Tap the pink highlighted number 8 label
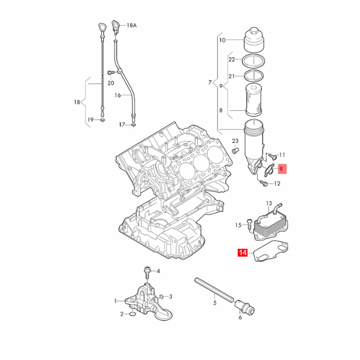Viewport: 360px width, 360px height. point(281,169)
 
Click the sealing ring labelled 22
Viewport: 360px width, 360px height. point(254,60)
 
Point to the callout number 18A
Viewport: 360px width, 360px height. point(132,25)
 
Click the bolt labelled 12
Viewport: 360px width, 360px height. point(264,184)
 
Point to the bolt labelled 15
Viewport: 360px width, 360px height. point(249,224)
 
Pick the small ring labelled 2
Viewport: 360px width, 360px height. point(132,313)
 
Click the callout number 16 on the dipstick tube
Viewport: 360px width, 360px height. point(117,95)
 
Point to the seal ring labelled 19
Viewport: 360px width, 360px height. point(102,120)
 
